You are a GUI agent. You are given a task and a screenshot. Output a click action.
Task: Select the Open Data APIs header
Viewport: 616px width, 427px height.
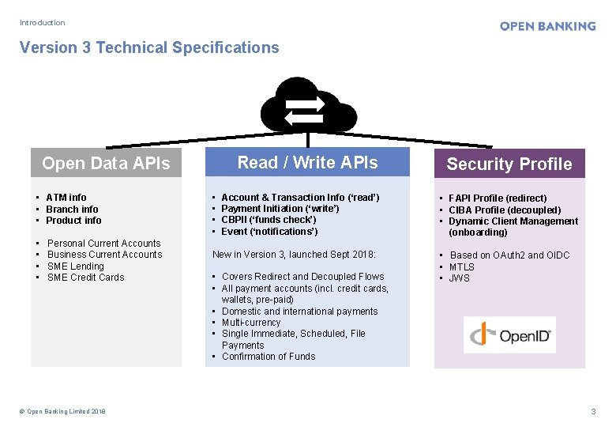[x=106, y=164]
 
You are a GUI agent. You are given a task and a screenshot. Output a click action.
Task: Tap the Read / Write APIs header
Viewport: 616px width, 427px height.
[x=307, y=163]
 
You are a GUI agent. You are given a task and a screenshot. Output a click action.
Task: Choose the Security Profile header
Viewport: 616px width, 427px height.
[x=509, y=164]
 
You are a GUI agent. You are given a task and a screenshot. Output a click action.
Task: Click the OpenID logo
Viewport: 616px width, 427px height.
[x=509, y=335]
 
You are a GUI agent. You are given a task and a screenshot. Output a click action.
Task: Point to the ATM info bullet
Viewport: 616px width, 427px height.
[x=66, y=198]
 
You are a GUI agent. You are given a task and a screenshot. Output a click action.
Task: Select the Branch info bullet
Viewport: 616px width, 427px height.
[x=72, y=210]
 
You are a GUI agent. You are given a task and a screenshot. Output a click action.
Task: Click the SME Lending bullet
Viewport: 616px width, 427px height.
[x=76, y=266]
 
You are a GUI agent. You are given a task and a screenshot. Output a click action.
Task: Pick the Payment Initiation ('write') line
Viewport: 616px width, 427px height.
[x=280, y=209]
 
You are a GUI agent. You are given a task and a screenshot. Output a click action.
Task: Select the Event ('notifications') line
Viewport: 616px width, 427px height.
[x=269, y=232]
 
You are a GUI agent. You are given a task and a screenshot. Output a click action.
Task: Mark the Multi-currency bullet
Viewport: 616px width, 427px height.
[x=251, y=323]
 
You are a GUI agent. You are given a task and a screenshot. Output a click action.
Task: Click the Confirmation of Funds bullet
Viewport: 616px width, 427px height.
[x=269, y=357]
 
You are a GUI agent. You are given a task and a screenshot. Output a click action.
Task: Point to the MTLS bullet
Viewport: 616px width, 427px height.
[x=462, y=267]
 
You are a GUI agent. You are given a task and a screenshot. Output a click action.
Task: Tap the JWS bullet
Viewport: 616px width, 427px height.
[x=460, y=278]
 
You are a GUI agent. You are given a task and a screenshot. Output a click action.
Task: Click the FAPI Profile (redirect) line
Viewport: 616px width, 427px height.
[x=498, y=198]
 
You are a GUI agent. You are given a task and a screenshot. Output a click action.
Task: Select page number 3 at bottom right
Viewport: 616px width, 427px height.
[x=593, y=411]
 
